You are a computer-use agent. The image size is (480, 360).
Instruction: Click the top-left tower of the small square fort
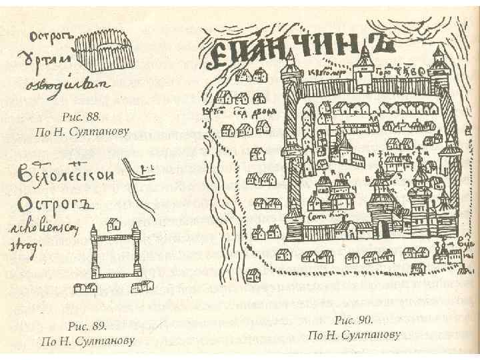94,233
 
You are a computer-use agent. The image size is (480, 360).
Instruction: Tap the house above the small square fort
113,225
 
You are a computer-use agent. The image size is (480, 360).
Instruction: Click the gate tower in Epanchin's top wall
364,67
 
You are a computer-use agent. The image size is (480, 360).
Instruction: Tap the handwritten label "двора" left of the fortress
261,112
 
